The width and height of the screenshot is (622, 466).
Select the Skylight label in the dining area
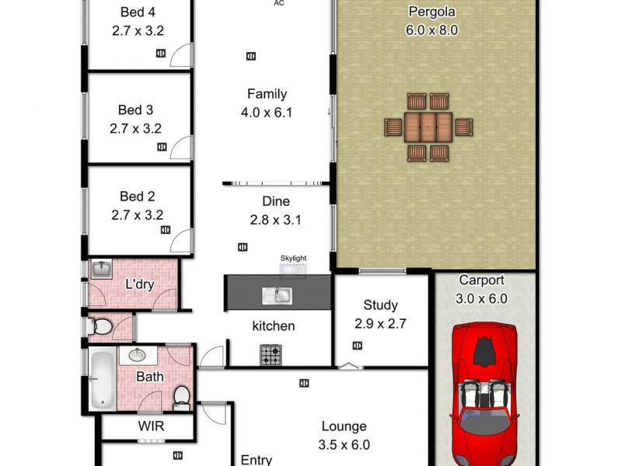(x=293, y=258)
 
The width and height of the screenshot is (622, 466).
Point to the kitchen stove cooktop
(x=270, y=355)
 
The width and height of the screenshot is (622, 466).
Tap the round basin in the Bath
(x=138, y=356)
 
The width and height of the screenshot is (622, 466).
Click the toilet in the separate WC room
(x=100, y=328)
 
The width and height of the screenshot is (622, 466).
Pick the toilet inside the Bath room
(x=181, y=396)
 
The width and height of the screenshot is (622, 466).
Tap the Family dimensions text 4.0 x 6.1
(x=267, y=113)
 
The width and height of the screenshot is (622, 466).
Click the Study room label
(x=380, y=305)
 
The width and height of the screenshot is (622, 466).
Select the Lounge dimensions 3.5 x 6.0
(x=344, y=445)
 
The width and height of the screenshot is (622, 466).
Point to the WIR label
(x=151, y=426)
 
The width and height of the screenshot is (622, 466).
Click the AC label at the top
(x=278, y=3)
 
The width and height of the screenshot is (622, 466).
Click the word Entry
(x=256, y=460)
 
